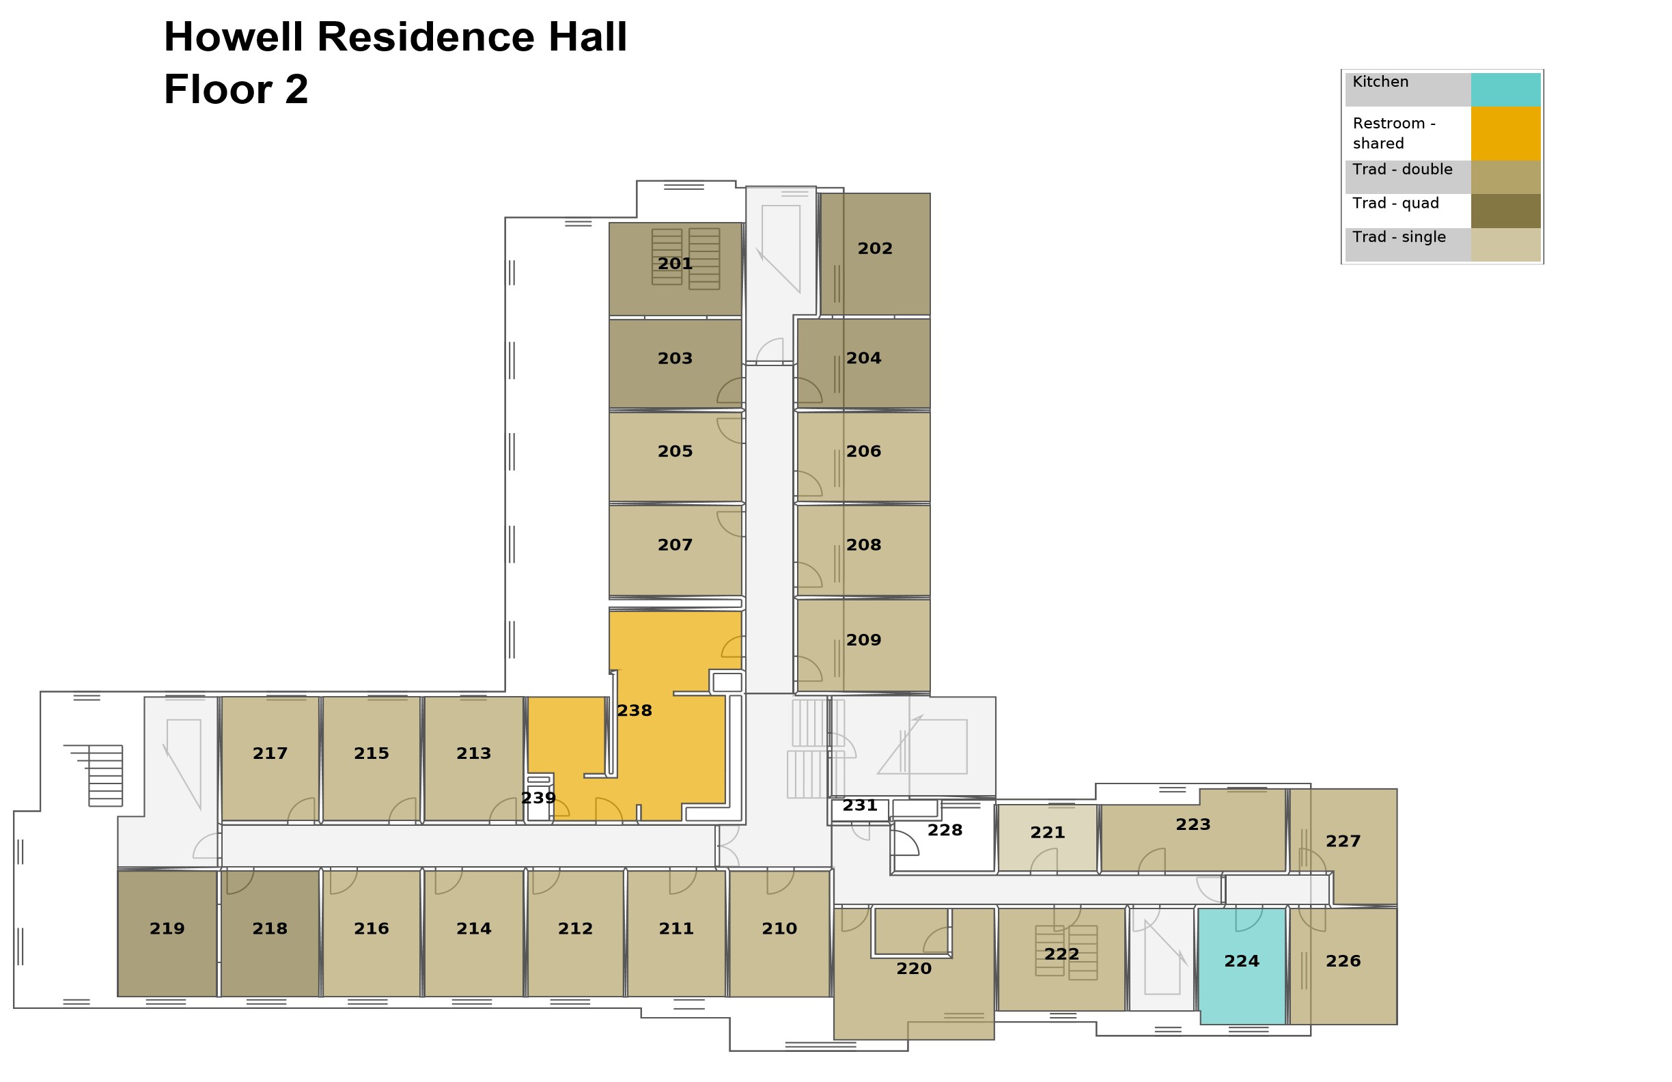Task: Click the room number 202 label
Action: pyautogui.click(x=875, y=249)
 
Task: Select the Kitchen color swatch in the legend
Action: pyautogui.click(x=1505, y=89)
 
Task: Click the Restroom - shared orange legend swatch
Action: pyautogui.click(x=1505, y=133)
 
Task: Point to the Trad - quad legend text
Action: pyautogui.click(x=1395, y=204)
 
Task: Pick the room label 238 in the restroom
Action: pyautogui.click(x=635, y=711)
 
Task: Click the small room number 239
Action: pyautogui.click(x=538, y=798)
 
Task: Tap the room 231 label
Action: pyautogui.click(x=859, y=806)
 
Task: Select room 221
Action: pyautogui.click(x=1047, y=833)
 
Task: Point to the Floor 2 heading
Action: pyautogui.click(x=236, y=90)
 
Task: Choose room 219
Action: pyautogui.click(x=167, y=929)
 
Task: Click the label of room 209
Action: pyautogui.click(x=863, y=640)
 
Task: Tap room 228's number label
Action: pyautogui.click(x=944, y=831)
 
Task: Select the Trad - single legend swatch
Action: pyautogui.click(x=1505, y=245)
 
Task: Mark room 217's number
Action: pyautogui.click(x=270, y=754)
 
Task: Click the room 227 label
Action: pyautogui.click(x=1343, y=841)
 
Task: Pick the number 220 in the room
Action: pyautogui.click(x=913, y=969)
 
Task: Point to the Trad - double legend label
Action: pyautogui.click(x=1402, y=169)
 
